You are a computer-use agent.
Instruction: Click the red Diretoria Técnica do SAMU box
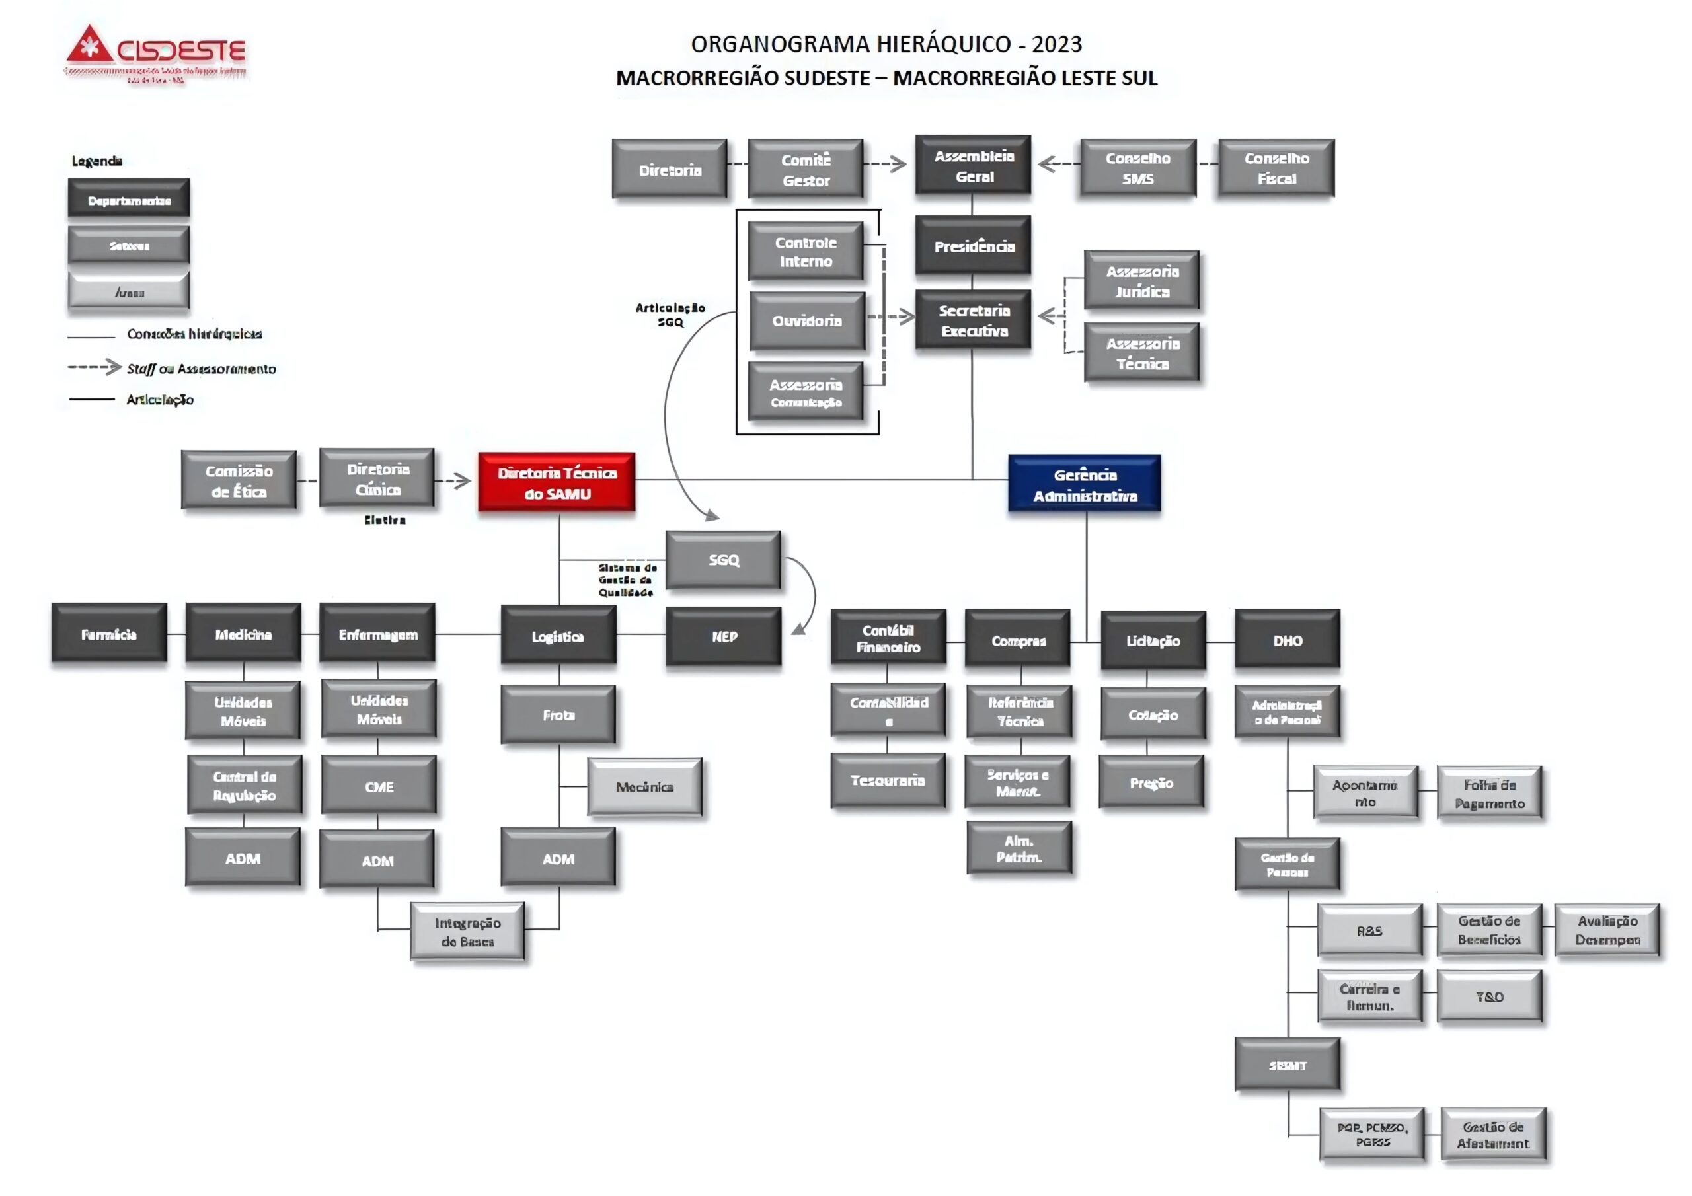557,482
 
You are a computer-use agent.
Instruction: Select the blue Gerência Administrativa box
1084,484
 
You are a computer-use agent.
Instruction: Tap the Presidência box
974,246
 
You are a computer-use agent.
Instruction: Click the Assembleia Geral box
974,166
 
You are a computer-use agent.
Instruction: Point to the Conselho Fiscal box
1276,168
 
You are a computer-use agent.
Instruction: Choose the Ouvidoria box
807,320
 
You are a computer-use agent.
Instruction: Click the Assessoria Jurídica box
1141,281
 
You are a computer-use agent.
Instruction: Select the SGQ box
723,560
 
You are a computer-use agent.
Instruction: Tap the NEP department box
724,637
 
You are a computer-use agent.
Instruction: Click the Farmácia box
109,634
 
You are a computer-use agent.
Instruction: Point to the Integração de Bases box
467,932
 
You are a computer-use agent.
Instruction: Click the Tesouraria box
887,780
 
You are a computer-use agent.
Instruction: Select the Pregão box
1151,782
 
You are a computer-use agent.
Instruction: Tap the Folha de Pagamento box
1489,794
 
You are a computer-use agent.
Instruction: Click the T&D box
1489,997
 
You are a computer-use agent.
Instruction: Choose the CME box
379,786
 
